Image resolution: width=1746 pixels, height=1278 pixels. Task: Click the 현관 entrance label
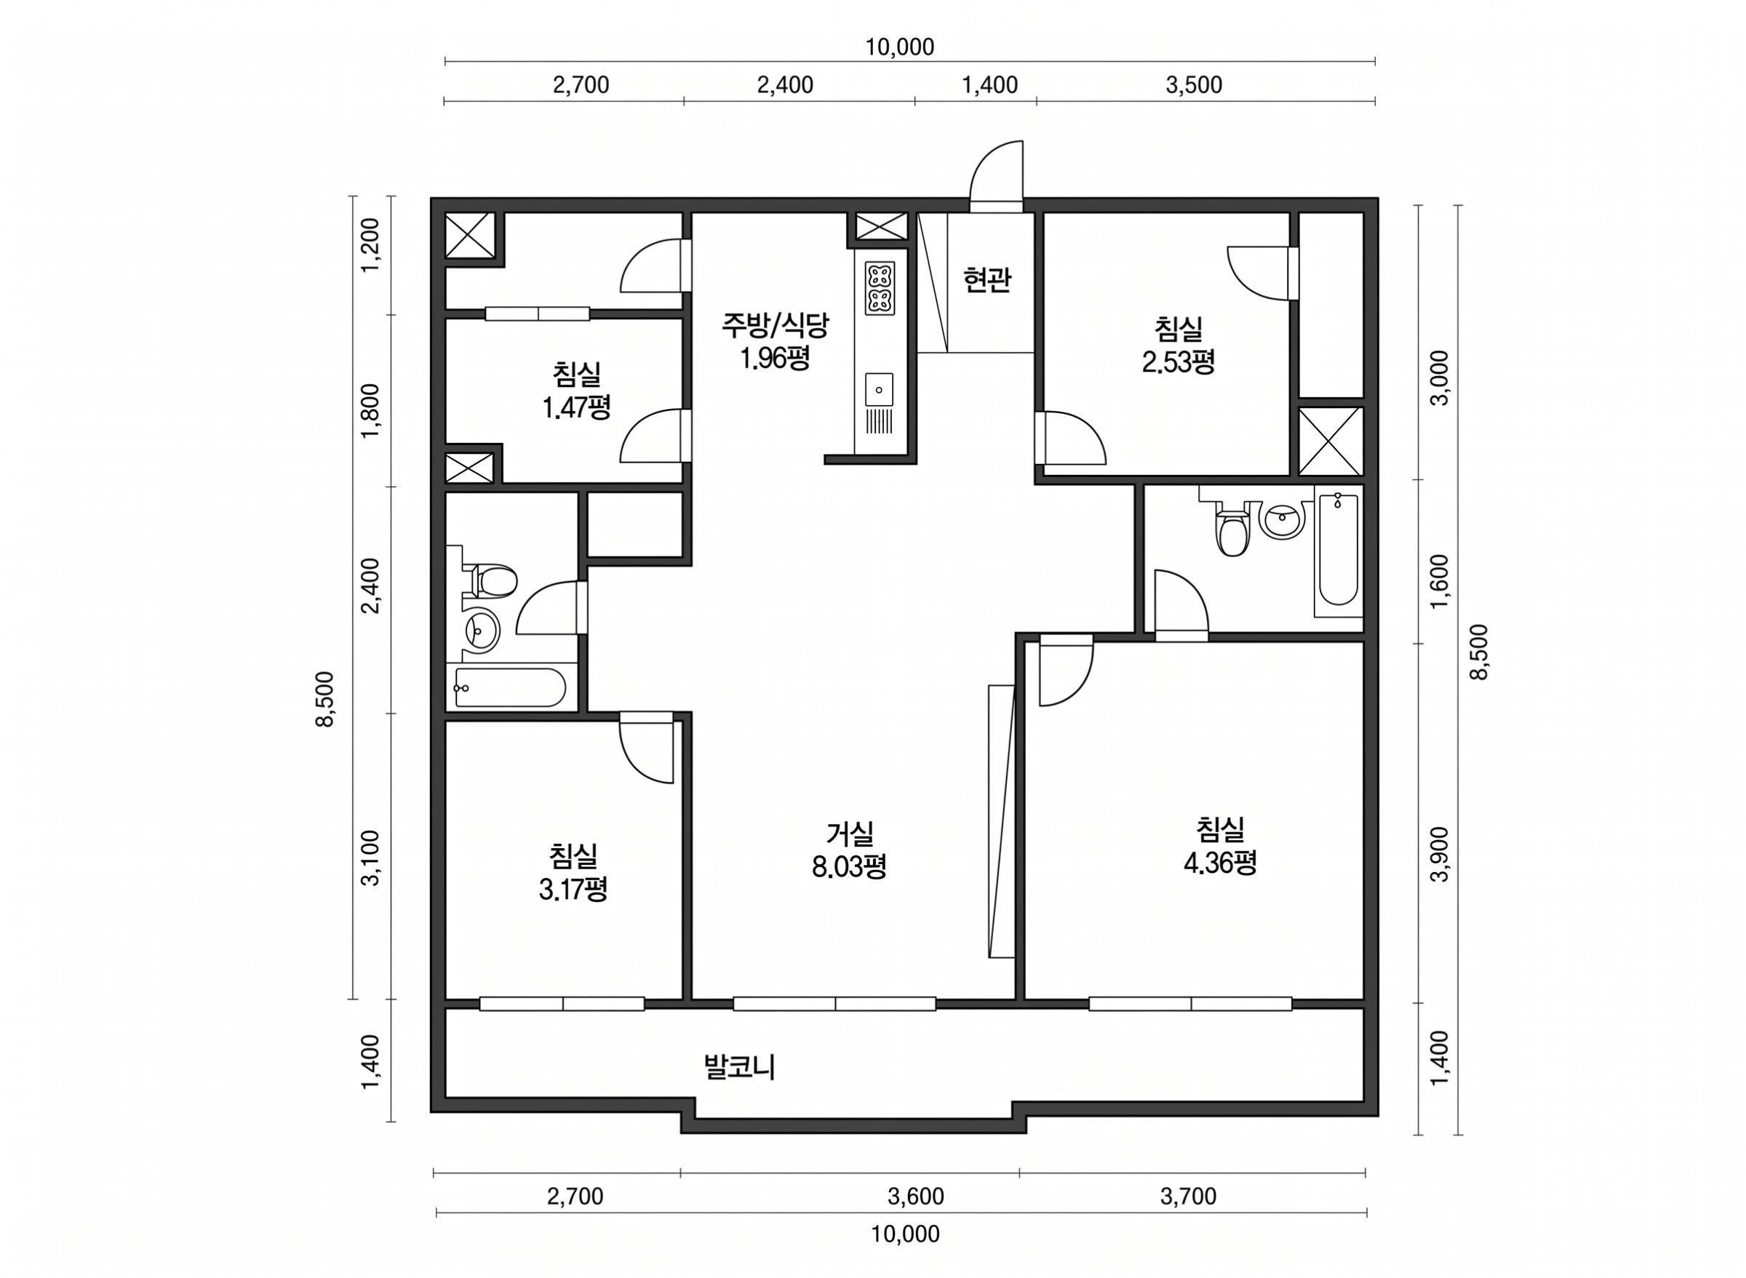click(x=986, y=279)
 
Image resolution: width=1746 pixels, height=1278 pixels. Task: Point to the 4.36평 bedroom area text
click(x=1220, y=862)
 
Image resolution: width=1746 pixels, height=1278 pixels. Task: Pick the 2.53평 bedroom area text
click(x=1178, y=362)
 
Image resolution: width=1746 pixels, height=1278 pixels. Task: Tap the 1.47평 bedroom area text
click(x=576, y=407)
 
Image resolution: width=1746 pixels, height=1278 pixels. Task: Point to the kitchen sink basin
click(x=880, y=389)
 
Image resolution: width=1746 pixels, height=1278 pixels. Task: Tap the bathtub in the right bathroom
click(x=1338, y=552)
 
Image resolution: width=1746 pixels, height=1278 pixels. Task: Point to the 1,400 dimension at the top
click(x=989, y=85)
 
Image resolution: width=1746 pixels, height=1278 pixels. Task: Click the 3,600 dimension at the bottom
click(x=916, y=1197)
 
